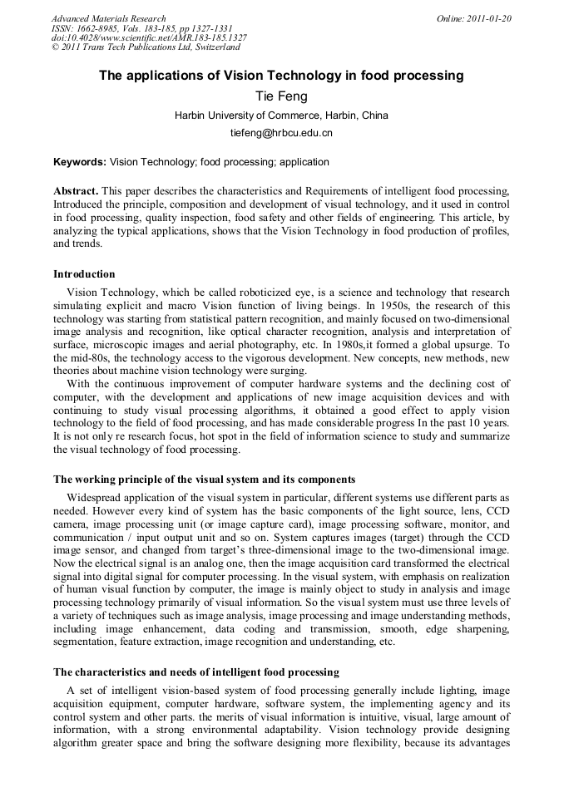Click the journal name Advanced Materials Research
[x=108, y=18]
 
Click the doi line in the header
[x=149, y=38]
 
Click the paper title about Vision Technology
[x=281, y=76]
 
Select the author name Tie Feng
[x=281, y=96]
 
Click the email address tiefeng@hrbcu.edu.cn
[x=281, y=133]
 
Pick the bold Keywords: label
[x=80, y=162]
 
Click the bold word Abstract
[x=76, y=190]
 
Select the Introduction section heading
[x=84, y=273]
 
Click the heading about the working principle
[x=205, y=480]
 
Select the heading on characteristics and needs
[x=196, y=672]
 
